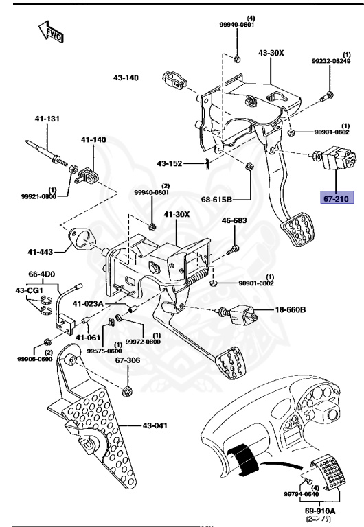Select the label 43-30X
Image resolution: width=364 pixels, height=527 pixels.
click(271, 53)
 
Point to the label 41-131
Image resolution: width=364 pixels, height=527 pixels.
click(47, 119)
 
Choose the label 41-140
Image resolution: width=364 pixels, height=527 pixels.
click(93, 139)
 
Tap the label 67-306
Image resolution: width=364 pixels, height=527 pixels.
click(128, 360)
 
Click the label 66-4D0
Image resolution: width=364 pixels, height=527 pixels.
click(43, 272)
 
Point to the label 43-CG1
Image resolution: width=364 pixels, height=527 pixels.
click(30, 290)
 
